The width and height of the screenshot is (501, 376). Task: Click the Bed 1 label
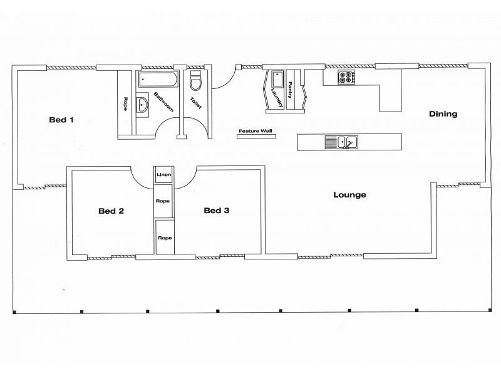61,120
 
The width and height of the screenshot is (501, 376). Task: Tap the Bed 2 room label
111,211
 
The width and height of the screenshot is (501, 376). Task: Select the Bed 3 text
217,211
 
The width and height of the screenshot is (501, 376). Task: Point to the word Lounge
349,195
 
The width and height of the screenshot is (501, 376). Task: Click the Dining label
443,114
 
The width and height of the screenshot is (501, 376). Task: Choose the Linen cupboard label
164,175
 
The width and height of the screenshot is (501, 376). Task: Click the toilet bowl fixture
195,82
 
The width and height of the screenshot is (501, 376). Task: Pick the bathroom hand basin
143,105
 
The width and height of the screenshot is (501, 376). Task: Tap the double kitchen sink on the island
341,143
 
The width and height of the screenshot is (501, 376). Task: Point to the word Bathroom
165,101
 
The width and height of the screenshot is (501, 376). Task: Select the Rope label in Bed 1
126,104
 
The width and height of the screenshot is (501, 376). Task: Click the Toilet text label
196,102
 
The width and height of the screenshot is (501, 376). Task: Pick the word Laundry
275,98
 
